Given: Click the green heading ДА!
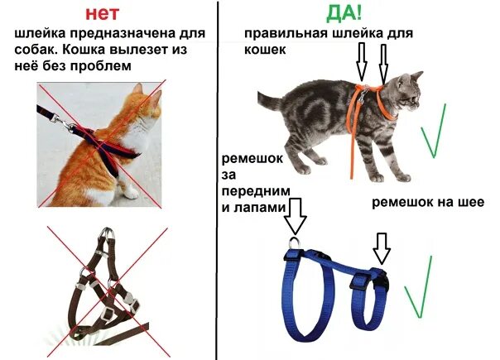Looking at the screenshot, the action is click(347, 13).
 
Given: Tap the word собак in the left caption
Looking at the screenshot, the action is click(37, 50).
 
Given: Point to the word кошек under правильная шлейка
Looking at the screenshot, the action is click(265, 50).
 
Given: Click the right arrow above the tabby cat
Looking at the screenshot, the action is click(384, 62).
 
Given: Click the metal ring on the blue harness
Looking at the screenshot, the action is click(296, 242).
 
